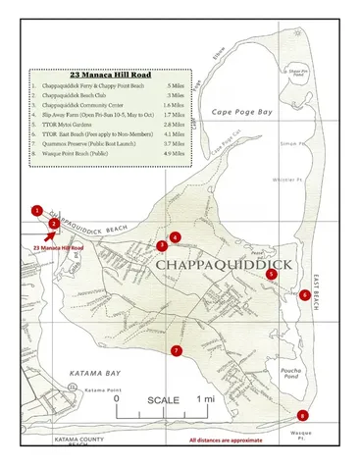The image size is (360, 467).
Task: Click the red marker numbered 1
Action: point(36,210)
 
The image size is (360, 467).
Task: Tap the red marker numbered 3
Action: point(162,245)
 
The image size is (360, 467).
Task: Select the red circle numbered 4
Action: point(175,237)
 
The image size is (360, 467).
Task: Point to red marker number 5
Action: point(271,275)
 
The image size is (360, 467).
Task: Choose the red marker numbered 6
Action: point(306,294)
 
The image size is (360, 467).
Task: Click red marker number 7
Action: point(177,350)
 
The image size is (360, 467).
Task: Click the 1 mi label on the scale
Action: point(206,399)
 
